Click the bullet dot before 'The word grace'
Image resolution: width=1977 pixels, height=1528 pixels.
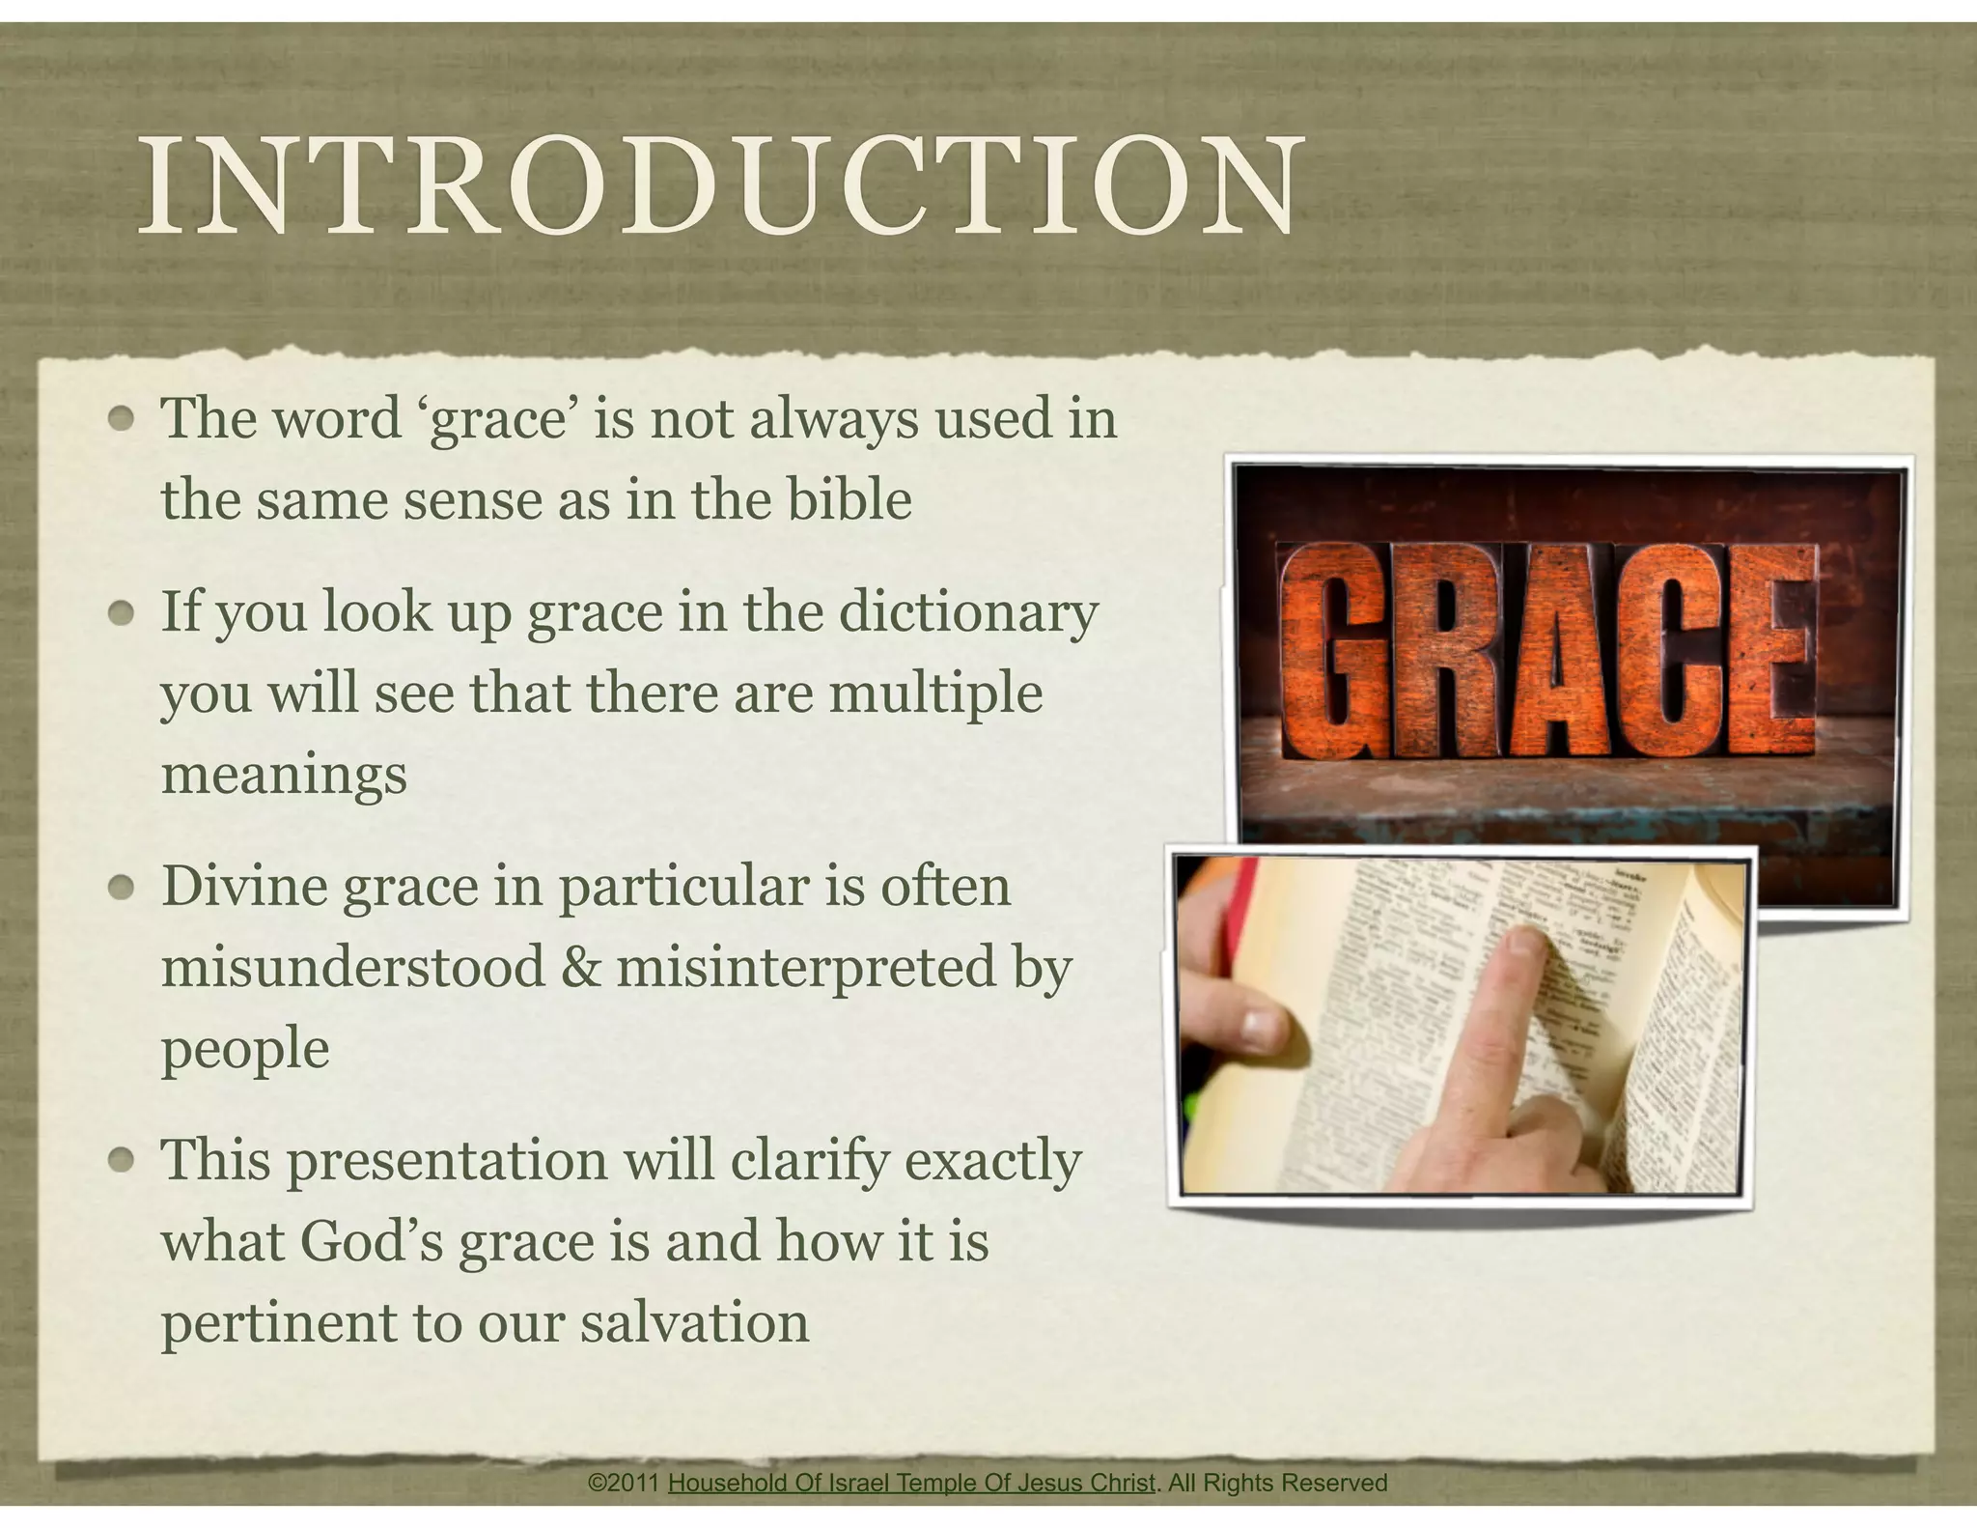121,419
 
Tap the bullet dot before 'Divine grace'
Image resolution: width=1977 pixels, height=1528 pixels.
121,887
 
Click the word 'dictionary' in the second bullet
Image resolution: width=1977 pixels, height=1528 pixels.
967,612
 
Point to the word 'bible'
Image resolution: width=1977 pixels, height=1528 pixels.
849,499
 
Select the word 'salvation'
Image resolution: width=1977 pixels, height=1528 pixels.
694,1322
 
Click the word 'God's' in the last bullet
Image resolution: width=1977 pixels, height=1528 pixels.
372,1241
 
